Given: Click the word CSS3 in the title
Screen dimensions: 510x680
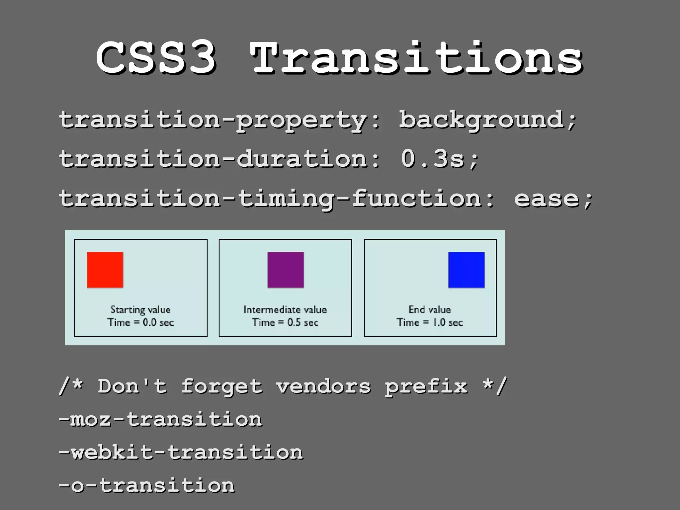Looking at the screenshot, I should tap(156, 58).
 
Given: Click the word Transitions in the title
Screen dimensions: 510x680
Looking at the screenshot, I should tap(417, 58).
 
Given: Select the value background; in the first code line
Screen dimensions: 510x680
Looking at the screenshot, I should tap(488, 120).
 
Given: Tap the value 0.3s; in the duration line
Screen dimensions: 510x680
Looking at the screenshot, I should tap(440, 159).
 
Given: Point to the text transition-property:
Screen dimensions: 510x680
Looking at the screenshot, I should tap(219, 120).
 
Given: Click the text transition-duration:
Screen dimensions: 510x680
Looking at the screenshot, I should tap(219, 159).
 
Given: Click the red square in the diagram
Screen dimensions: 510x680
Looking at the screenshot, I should tap(105, 270).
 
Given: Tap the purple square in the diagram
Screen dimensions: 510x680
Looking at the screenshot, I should tap(286, 270).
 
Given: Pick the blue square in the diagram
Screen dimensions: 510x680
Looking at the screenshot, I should tap(466, 270).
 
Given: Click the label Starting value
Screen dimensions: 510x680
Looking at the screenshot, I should tap(140, 309).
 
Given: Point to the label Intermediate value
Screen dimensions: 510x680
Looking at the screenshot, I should tap(285, 309).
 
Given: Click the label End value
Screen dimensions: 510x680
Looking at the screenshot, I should tap(430, 309).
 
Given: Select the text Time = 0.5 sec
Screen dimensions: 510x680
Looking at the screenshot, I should tap(285, 322).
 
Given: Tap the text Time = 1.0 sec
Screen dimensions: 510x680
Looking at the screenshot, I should tap(430, 322).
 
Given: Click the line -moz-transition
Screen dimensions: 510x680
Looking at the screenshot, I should tap(160, 419).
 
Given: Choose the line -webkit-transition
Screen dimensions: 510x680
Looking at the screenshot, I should tap(181, 452).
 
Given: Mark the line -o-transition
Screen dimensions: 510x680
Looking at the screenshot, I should tap(146, 485).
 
